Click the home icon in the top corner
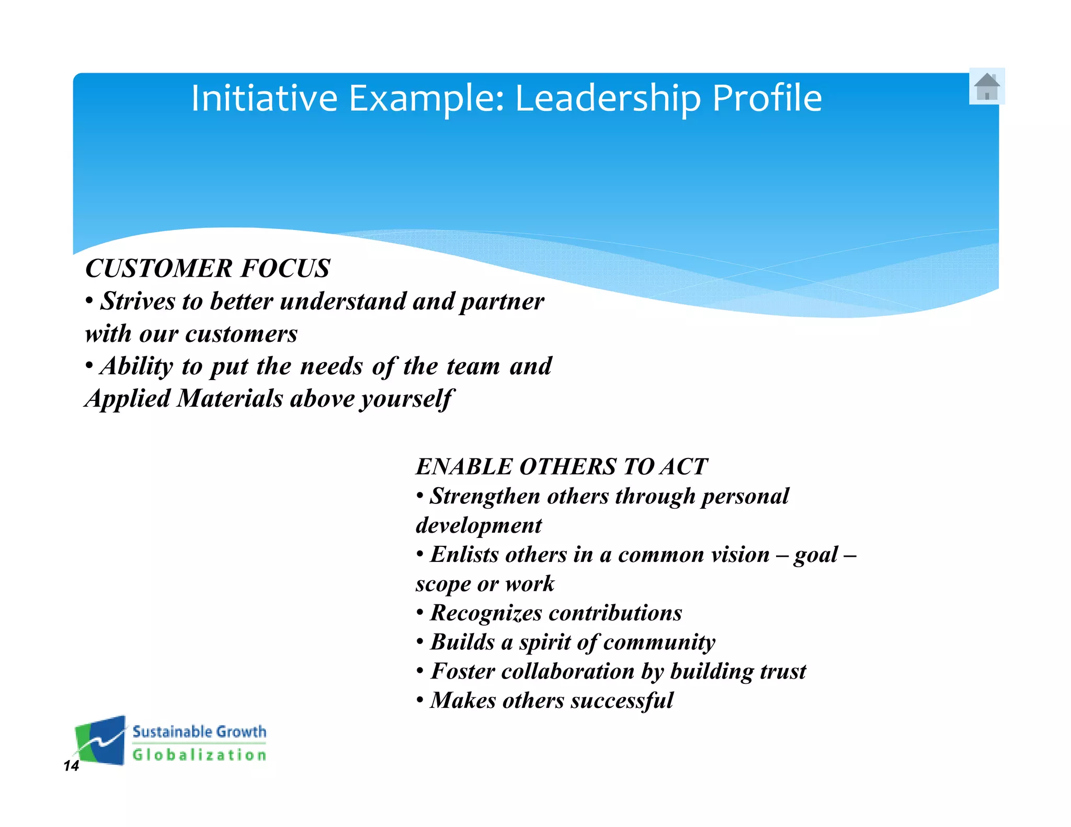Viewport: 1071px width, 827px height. (987, 86)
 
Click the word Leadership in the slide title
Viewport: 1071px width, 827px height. (608, 98)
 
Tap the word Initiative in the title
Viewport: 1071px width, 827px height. (264, 98)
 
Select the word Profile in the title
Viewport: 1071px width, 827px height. (767, 98)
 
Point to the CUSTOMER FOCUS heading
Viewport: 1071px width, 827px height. (208, 268)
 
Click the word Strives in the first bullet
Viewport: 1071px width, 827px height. (138, 302)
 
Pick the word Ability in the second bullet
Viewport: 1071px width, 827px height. (136, 366)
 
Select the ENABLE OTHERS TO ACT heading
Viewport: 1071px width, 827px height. (561, 466)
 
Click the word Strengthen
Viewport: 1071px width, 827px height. (485, 497)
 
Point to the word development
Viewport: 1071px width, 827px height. (478, 526)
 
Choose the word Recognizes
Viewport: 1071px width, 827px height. (486, 613)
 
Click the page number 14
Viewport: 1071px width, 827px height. (71, 766)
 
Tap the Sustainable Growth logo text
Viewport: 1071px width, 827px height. (199, 732)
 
